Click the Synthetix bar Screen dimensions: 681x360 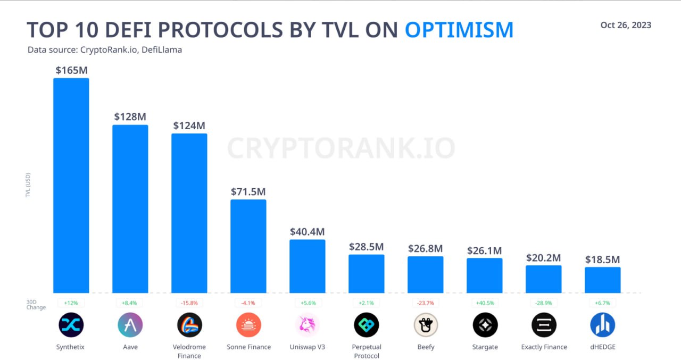[x=71, y=185]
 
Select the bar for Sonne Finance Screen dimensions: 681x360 [x=248, y=246]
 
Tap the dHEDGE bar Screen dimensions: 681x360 [x=603, y=280]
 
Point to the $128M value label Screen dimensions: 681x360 [x=130, y=116]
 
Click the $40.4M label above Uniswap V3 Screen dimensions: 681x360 [x=307, y=232]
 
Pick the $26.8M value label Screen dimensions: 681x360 [x=425, y=248]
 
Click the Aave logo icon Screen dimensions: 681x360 [x=130, y=325]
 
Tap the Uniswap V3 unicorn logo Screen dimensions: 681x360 [x=307, y=325]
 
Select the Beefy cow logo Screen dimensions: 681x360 [x=426, y=325]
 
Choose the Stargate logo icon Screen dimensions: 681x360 [x=485, y=325]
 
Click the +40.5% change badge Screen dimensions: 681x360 [x=485, y=303]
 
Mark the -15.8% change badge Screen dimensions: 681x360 [x=189, y=303]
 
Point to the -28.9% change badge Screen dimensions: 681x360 [x=544, y=303]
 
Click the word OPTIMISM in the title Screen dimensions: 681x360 [x=459, y=30]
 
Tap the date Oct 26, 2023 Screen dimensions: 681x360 [x=626, y=25]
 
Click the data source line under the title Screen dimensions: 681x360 [x=105, y=50]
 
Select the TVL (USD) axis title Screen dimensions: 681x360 [x=28, y=185]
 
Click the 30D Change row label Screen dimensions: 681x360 [x=36, y=304]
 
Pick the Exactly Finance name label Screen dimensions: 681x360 [x=544, y=347]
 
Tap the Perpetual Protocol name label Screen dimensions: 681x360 [x=367, y=351]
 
